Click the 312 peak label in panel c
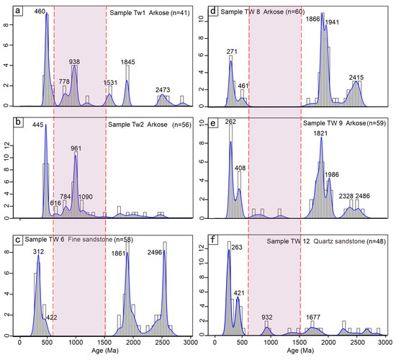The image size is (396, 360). [x=37, y=251]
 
